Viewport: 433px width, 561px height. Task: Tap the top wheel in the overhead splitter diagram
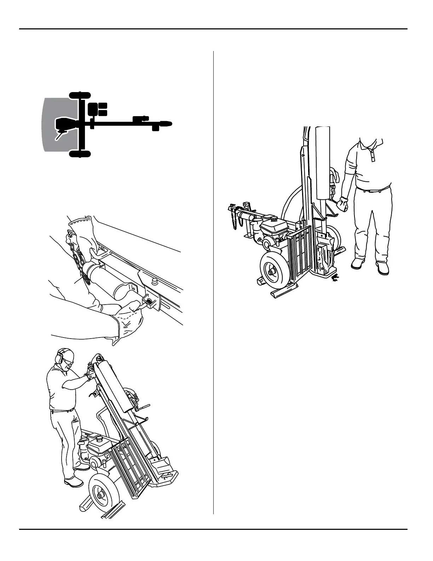pyautogui.click(x=80, y=95)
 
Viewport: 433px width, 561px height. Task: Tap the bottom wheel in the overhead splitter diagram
pyautogui.click(x=80, y=153)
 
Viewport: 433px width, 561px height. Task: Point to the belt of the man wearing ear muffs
pyautogui.click(x=62, y=410)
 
